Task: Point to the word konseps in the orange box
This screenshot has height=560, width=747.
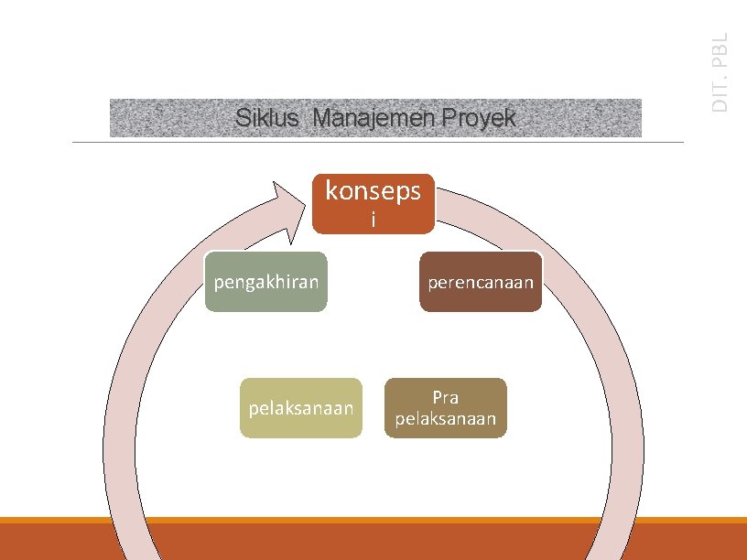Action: click(373, 190)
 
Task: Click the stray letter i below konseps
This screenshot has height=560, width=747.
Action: click(373, 220)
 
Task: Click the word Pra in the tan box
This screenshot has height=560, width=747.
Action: click(446, 398)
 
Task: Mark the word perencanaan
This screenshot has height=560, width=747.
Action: click(482, 282)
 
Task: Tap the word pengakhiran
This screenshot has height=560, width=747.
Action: click(265, 282)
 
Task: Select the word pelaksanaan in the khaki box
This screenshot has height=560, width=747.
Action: click(301, 408)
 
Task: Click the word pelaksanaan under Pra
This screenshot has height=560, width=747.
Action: click(446, 419)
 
